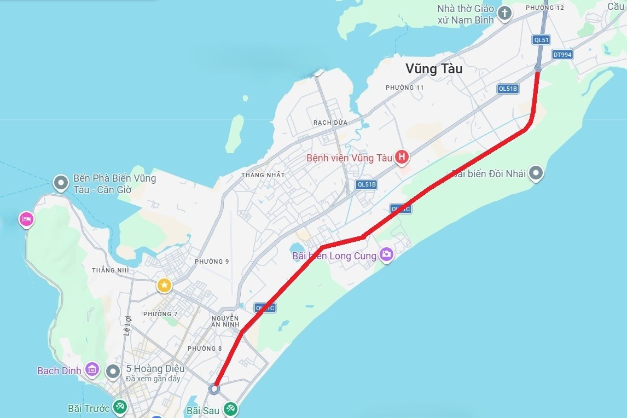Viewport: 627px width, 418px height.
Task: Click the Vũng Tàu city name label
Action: click(x=434, y=69)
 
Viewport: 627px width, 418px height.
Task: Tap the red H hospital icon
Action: click(x=402, y=158)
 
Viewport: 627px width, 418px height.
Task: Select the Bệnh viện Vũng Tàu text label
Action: click(x=349, y=158)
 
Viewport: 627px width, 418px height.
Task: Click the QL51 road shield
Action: click(x=542, y=39)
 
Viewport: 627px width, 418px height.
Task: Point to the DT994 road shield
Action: click(x=562, y=54)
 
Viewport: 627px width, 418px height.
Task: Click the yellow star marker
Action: click(x=164, y=285)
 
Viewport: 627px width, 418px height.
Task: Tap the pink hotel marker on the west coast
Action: click(x=26, y=219)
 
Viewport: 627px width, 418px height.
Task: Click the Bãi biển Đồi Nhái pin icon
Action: click(x=537, y=173)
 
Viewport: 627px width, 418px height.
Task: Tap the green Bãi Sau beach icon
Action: click(x=230, y=408)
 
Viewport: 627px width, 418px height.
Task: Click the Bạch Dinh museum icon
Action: click(x=92, y=370)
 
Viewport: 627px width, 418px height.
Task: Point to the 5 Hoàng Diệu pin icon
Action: click(x=113, y=371)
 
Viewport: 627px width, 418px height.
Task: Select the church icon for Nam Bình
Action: click(x=504, y=13)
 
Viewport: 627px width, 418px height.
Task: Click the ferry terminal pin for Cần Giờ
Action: click(x=61, y=183)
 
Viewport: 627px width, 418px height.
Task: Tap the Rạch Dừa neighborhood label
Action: click(x=330, y=123)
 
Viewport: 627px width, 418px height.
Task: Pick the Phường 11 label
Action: click(x=404, y=88)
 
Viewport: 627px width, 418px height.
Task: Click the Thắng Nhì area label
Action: click(x=111, y=270)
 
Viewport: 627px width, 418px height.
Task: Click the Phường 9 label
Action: click(x=212, y=262)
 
